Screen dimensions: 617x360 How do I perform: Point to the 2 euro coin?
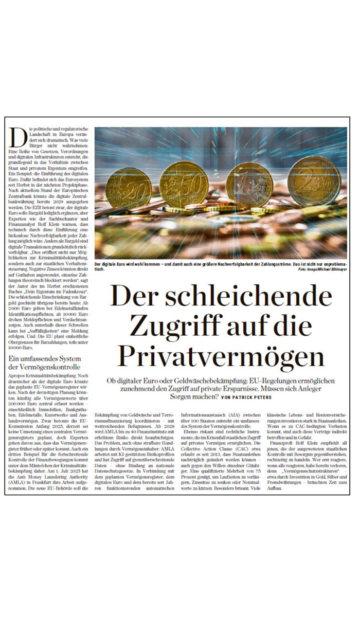pyautogui.click(x=314, y=180)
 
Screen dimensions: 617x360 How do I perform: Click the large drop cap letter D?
pyautogui.click(x=18, y=136)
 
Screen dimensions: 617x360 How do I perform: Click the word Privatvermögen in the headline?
pyautogui.click(x=221, y=356)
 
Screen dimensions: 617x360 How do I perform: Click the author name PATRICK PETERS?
pyautogui.click(x=255, y=397)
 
